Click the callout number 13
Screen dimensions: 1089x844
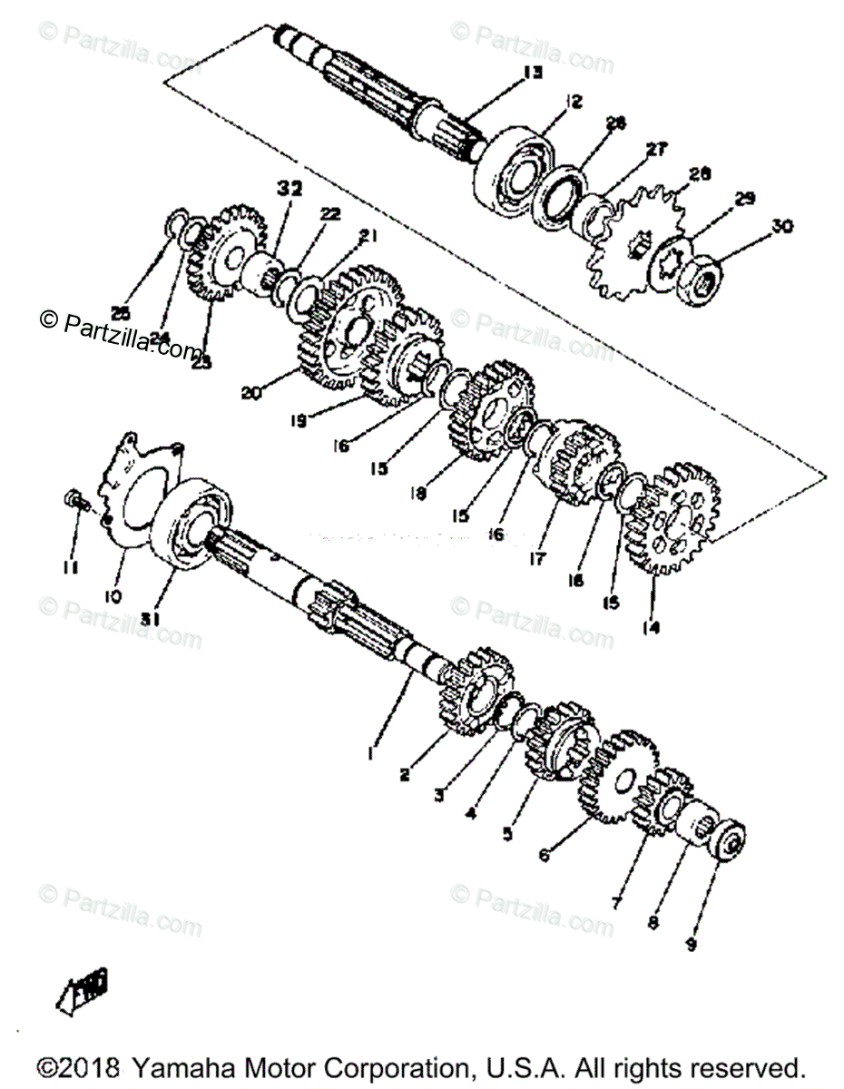(532, 74)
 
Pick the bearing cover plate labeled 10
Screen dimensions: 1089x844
(136, 495)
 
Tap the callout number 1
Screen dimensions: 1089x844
(370, 752)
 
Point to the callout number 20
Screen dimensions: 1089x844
(252, 393)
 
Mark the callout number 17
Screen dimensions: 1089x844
(537, 559)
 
